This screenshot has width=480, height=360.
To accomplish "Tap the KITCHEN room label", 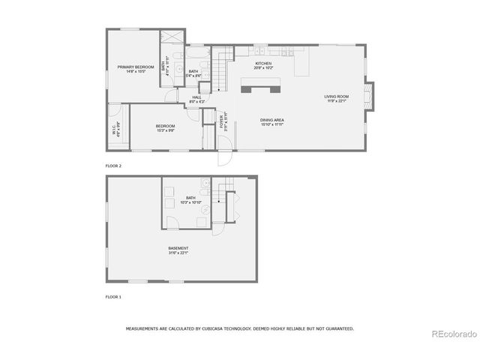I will [x=262, y=63].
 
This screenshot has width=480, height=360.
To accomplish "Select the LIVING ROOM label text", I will [x=337, y=96].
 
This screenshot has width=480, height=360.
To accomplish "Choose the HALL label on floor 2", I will [x=196, y=97].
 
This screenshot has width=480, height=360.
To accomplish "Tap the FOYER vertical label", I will [x=222, y=121].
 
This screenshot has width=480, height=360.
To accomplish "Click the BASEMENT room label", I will [x=178, y=248].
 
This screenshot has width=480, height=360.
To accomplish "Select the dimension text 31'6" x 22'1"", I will [x=178, y=253].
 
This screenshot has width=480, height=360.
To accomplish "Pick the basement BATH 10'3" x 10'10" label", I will [x=191, y=199].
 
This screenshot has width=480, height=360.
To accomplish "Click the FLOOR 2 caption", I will [x=113, y=166].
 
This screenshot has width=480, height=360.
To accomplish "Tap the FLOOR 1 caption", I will [x=113, y=297].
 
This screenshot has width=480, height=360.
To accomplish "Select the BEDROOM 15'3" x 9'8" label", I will [x=165, y=127].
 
